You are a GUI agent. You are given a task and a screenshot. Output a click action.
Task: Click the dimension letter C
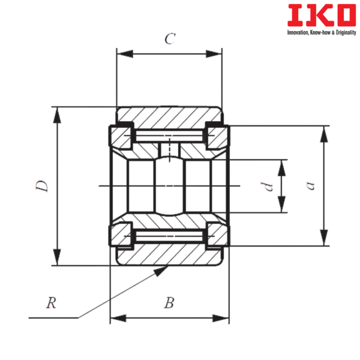coord(170,40)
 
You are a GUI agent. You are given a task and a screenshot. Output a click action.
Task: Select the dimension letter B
coord(170,304)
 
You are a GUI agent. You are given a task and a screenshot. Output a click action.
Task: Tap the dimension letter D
coord(41,186)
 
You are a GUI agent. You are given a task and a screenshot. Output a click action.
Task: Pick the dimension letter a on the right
coord(310,186)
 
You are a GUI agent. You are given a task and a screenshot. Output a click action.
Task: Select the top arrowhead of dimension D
coord(57,113)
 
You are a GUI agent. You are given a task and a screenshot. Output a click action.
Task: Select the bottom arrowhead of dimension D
coord(57,258)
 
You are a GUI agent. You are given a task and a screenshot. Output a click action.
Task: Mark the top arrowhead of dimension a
coord(325,133)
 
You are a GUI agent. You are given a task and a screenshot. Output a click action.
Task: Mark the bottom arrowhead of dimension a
coord(325,239)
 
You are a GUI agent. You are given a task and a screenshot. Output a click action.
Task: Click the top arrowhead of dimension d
coord(281,166)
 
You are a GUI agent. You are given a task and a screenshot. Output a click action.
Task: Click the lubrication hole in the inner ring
coord(170,150)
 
